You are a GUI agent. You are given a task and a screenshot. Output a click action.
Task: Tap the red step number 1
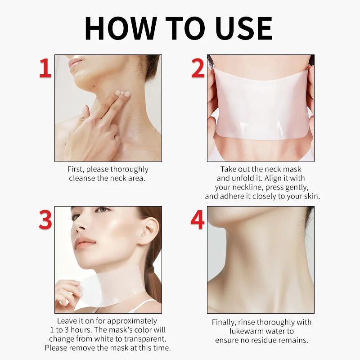45,69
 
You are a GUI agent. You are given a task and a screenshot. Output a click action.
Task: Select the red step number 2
198,69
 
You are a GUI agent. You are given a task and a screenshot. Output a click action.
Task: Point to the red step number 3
45,220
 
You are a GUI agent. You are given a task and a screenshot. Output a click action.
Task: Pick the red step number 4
198,220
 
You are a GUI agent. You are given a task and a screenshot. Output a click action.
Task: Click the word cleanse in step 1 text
83,178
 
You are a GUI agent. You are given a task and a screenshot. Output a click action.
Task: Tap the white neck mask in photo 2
261,108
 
